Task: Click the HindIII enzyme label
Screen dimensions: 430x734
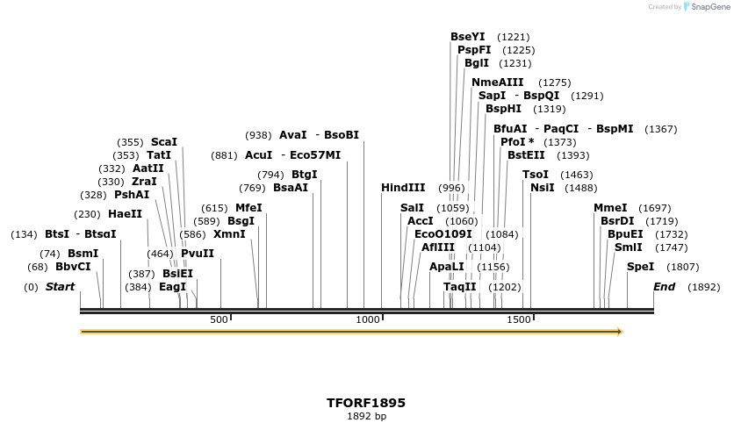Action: click(403, 188)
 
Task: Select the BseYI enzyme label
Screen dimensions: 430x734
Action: click(467, 37)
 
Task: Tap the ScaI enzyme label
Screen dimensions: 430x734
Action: click(164, 141)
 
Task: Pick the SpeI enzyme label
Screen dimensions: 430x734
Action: click(640, 267)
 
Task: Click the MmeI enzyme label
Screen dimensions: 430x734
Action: click(610, 208)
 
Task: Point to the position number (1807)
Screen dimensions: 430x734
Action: click(683, 267)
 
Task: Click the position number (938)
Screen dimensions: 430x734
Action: click(258, 135)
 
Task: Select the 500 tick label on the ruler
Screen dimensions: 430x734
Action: click(219, 319)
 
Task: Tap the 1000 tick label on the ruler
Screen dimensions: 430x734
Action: click(368, 319)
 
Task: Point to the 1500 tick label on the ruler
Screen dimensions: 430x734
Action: click(519, 319)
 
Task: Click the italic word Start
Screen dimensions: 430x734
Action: click(60, 287)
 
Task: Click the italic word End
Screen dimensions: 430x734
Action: click(664, 287)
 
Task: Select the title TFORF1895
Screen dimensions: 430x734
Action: click(366, 403)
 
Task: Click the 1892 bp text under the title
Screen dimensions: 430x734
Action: click(366, 416)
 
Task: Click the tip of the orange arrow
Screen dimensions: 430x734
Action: click(622, 332)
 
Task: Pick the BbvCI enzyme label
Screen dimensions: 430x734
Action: click(73, 267)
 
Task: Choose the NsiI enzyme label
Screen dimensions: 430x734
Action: click(543, 188)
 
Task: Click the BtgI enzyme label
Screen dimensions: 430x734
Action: click(304, 175)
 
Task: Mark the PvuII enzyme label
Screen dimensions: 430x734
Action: click(198, 254)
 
